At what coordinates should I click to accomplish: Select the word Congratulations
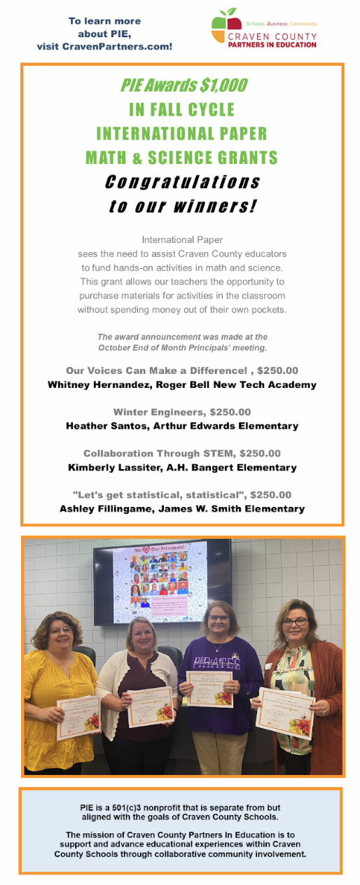[x=182, y=182]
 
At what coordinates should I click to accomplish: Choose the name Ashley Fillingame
[x=106, y=509]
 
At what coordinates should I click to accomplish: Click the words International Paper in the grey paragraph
[x=182, y=239]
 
